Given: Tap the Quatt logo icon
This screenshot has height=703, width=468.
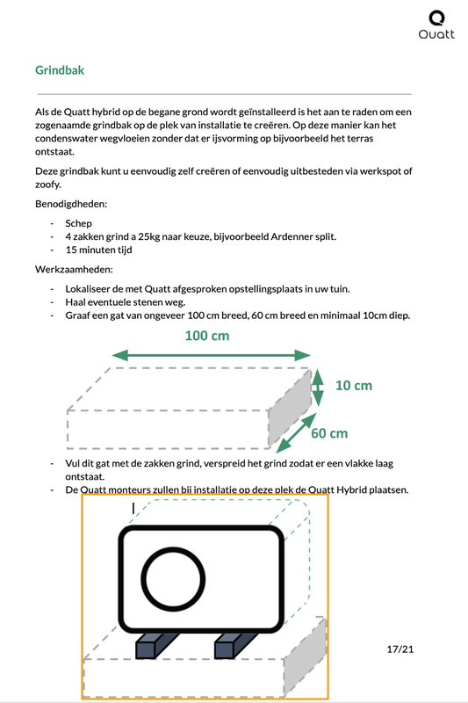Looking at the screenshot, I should [x=436, y=18].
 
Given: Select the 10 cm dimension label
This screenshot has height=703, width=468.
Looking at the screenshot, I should [x=353, y=385].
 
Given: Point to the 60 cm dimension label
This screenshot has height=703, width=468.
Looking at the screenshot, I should [x=329, y=432].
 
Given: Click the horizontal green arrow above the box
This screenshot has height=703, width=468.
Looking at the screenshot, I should [x=212, y=355].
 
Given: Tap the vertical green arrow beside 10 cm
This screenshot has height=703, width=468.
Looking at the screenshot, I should [x=319, y=384].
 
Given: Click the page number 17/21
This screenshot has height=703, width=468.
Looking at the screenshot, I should [x=399, y=649].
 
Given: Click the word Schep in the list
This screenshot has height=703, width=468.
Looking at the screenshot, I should [x=78, y=223].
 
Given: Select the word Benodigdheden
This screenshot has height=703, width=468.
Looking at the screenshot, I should [x=71, y=204].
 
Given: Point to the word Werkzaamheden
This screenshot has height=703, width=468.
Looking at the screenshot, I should [x=74, y=268].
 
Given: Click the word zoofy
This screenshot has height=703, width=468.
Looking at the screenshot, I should [x=50, y=185].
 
